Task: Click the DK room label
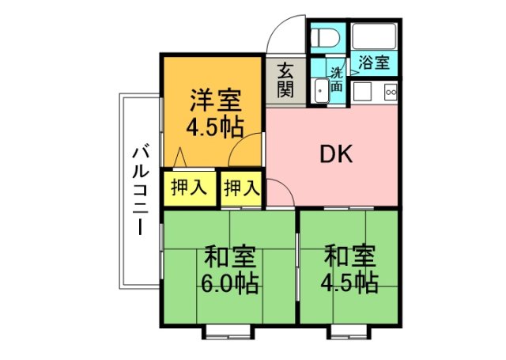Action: (x=335, y=154)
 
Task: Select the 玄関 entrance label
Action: (x=285, y=79)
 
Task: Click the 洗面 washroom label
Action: (x=337, y=76)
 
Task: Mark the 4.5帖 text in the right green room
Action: (x=349, y=282)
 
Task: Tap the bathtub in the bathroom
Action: (x=374, y=36)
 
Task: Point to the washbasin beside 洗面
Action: (x=321, y=92)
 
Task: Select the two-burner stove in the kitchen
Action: (x=390, y=93)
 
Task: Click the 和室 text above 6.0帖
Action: (x=230, y=258)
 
